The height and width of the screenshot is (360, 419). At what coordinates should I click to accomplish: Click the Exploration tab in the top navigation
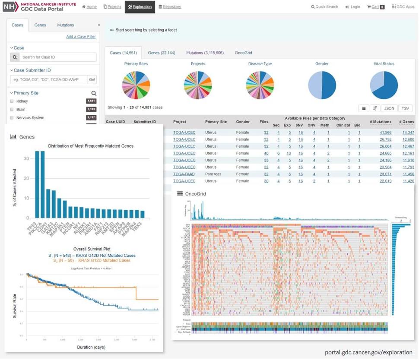tap(140, 7)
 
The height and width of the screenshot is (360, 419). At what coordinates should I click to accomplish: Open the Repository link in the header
tap(170, 7)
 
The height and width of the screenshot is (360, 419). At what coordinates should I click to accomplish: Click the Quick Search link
tap(325, 7)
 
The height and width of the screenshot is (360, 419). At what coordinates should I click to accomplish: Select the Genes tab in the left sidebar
tap(40, 25)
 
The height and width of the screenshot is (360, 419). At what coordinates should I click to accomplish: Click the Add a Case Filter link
tap(81, 37)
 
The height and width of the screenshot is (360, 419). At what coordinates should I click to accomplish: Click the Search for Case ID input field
tap(58, 57)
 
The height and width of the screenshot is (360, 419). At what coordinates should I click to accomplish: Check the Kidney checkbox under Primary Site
tap(12, 101)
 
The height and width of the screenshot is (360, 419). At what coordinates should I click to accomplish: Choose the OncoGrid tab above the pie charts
tap(243, 53)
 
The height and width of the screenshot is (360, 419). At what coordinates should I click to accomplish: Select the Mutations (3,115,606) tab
tap(205, 53)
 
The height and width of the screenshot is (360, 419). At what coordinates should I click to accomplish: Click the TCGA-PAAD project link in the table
tap(184, 174)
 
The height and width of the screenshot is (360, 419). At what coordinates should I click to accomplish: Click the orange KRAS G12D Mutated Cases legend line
tap(89, 260)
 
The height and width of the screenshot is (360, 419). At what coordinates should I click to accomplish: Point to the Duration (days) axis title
tap(91, 347)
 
